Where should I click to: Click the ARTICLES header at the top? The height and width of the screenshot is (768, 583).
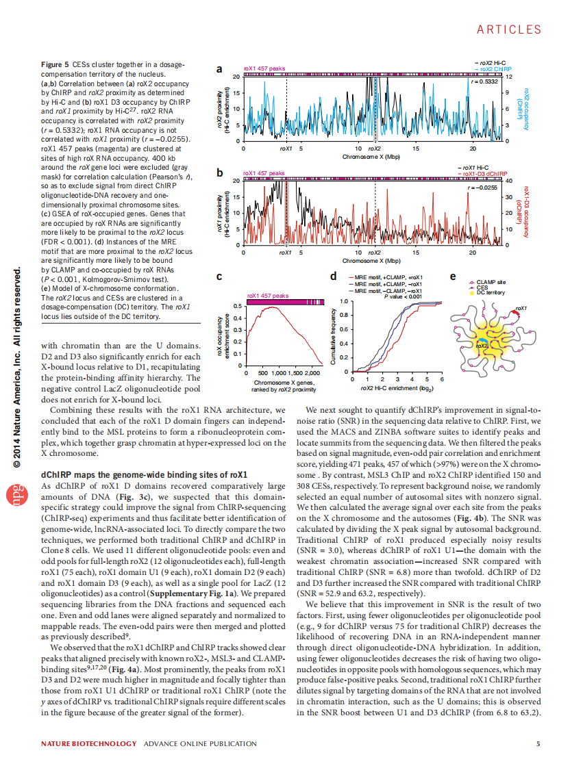(x=508, y=29)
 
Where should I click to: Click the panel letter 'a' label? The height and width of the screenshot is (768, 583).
(x=219, y=70)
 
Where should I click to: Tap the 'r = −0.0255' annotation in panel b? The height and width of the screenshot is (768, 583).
(x=482, y=187)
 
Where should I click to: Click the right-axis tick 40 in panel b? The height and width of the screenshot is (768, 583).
(x=509, y=181)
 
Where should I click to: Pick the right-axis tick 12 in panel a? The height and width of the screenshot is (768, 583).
(x=508, y=76)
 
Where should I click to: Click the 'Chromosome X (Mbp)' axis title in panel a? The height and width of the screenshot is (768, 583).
(x=371, y=156)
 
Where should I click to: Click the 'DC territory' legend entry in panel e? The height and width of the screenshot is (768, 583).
(x=491, y=293)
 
